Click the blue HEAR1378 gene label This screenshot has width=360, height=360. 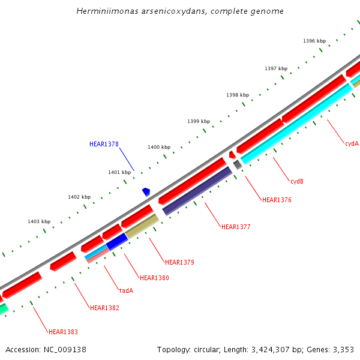click(x=104, y=144)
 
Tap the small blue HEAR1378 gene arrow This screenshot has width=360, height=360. click(x=146, y=192)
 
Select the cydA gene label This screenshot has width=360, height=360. click(x=352, y=143)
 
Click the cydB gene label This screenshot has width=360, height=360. click(x=297, y=181)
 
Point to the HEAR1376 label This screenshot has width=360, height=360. click(x=277, y=200)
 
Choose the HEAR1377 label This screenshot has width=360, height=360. click(x=236, y=227)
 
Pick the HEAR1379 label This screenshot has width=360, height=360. click(x=179, y=262)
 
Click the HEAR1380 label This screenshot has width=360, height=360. click(x=154, y=278)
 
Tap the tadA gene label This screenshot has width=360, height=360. click(x=126, y=290)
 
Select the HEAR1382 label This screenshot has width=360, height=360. click(x=104, y=308)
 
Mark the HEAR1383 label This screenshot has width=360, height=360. click(x=63, y=332)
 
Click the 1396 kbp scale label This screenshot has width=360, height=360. click(x=314, y=41)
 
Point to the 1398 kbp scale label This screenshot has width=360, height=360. click(x=238, y=95)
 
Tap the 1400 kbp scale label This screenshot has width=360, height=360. click(x=159, y=147)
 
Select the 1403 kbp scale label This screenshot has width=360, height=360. click(x=39, y=221)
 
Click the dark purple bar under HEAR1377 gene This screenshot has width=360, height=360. click(x=197, y=191)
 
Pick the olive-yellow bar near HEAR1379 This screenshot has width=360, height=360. click(x=142, y=226)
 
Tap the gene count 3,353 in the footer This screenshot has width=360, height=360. click(x=343, y=349)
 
